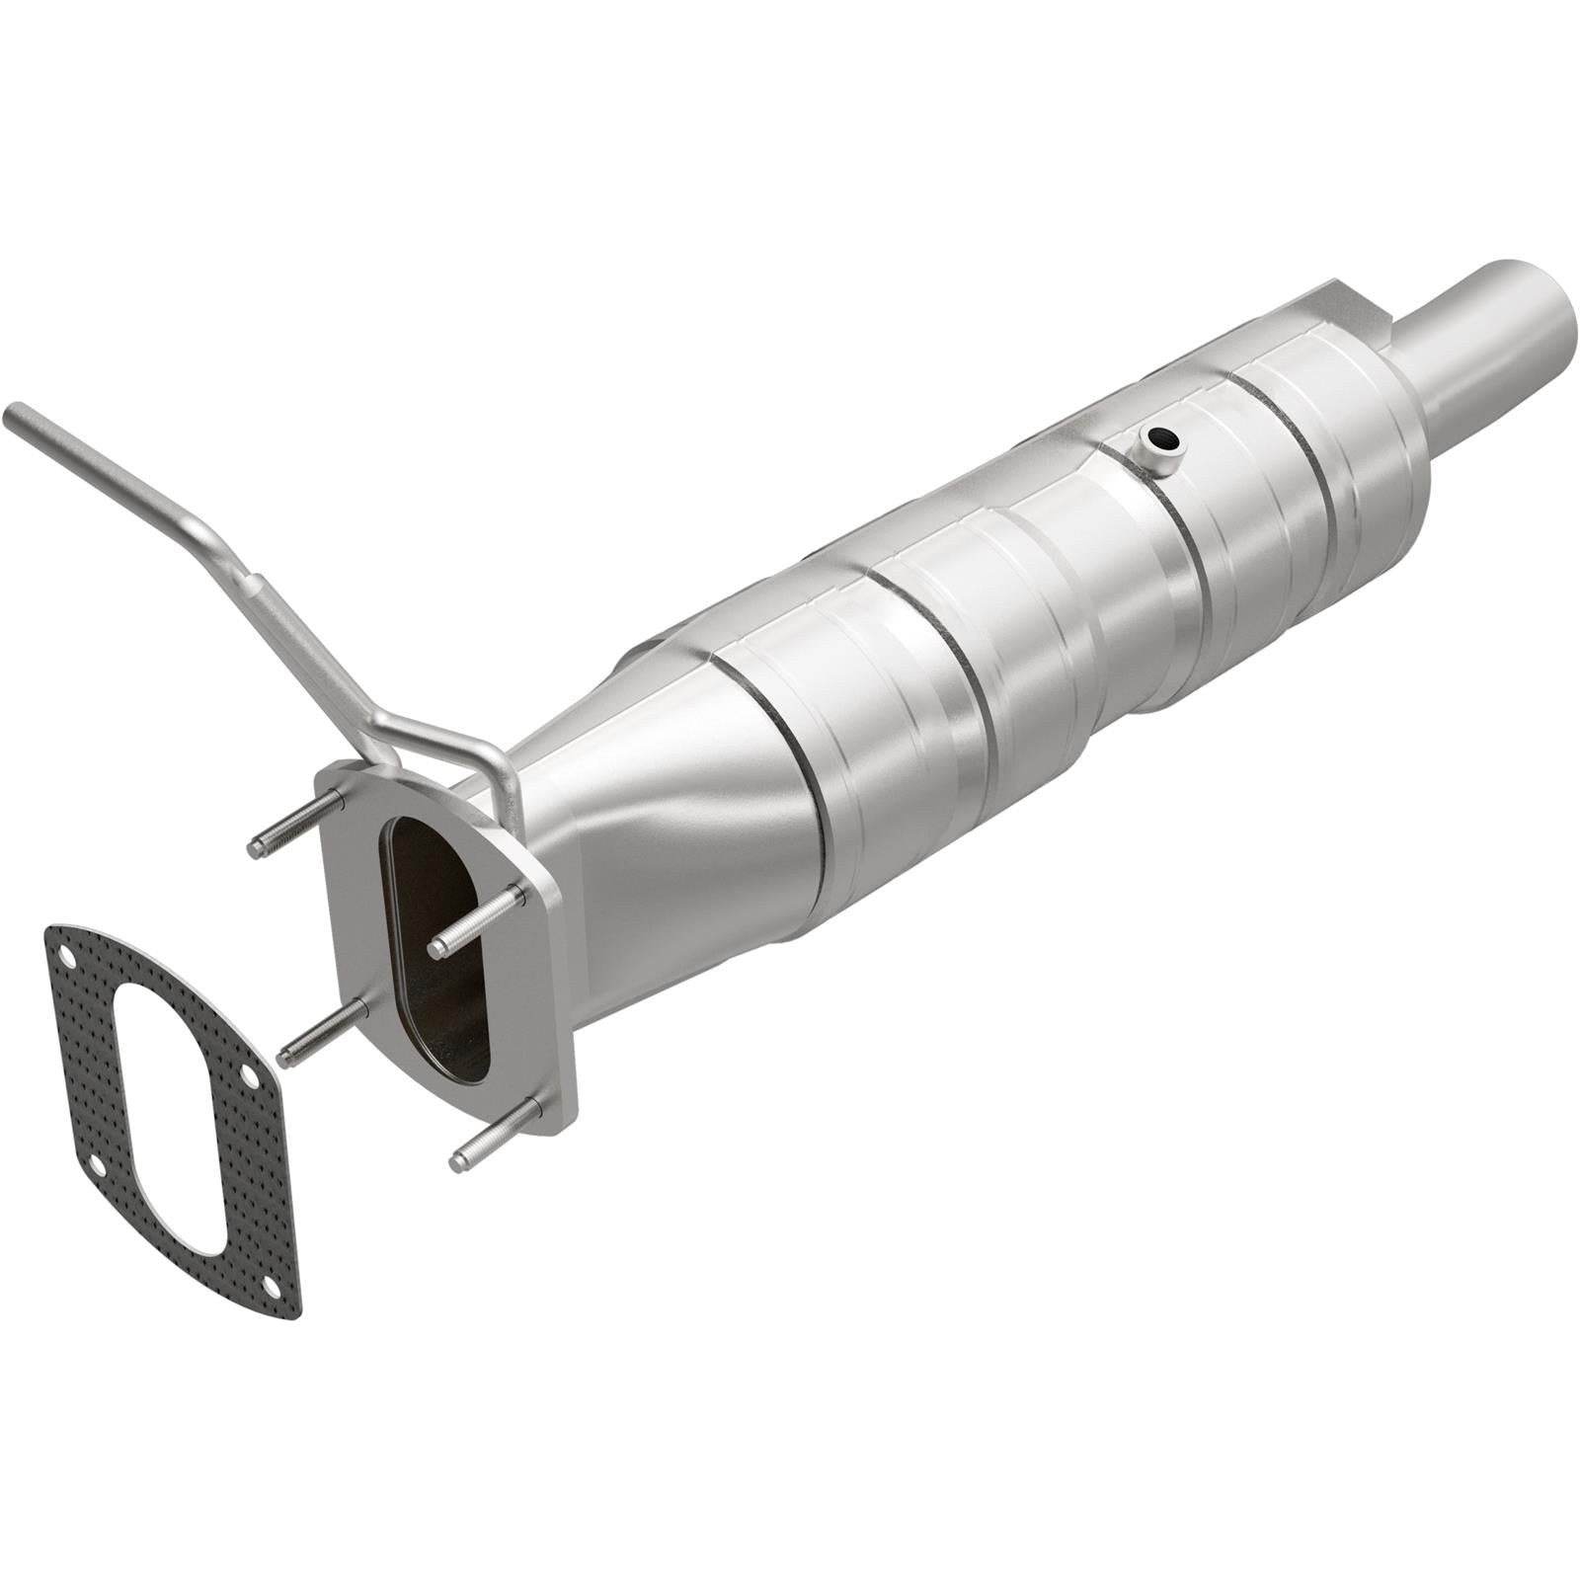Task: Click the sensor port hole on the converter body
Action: (x=1161, y=437)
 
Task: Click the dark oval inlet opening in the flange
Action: (x=434, y=948)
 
